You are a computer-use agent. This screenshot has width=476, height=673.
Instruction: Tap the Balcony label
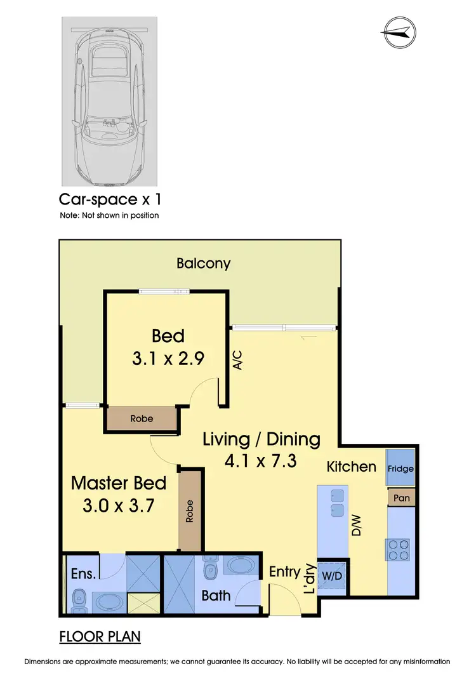203,263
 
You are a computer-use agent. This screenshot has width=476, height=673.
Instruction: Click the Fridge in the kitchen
401,469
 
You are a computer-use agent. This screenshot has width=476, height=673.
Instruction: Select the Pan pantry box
401,498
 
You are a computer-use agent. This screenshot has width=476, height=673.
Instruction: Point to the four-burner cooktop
397,549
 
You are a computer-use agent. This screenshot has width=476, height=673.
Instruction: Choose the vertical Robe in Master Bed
190,511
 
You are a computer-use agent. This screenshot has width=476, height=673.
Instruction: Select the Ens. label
83,573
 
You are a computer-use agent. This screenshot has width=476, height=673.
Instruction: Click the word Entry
284,571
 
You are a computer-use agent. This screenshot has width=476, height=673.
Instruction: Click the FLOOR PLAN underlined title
100,636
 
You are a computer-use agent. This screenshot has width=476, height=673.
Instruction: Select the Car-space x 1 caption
110,199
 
